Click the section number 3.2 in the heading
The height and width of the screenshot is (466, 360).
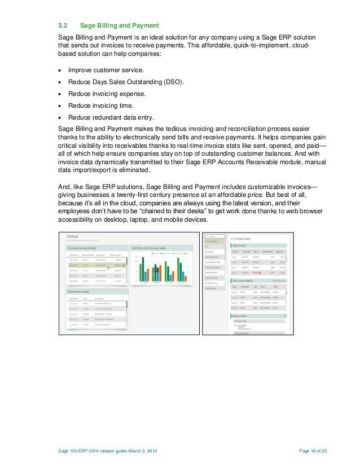click(x=64, y=25)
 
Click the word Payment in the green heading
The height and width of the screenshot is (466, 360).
click(x=144, y=25)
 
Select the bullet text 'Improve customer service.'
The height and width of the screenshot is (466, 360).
click(x=106, y=70)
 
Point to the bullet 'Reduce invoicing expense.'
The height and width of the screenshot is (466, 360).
click(x=107, y=94)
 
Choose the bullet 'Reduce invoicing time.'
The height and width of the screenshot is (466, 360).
click(x=101, y=105)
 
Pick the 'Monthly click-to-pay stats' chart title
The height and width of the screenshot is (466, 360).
click(x=148, y=248)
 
